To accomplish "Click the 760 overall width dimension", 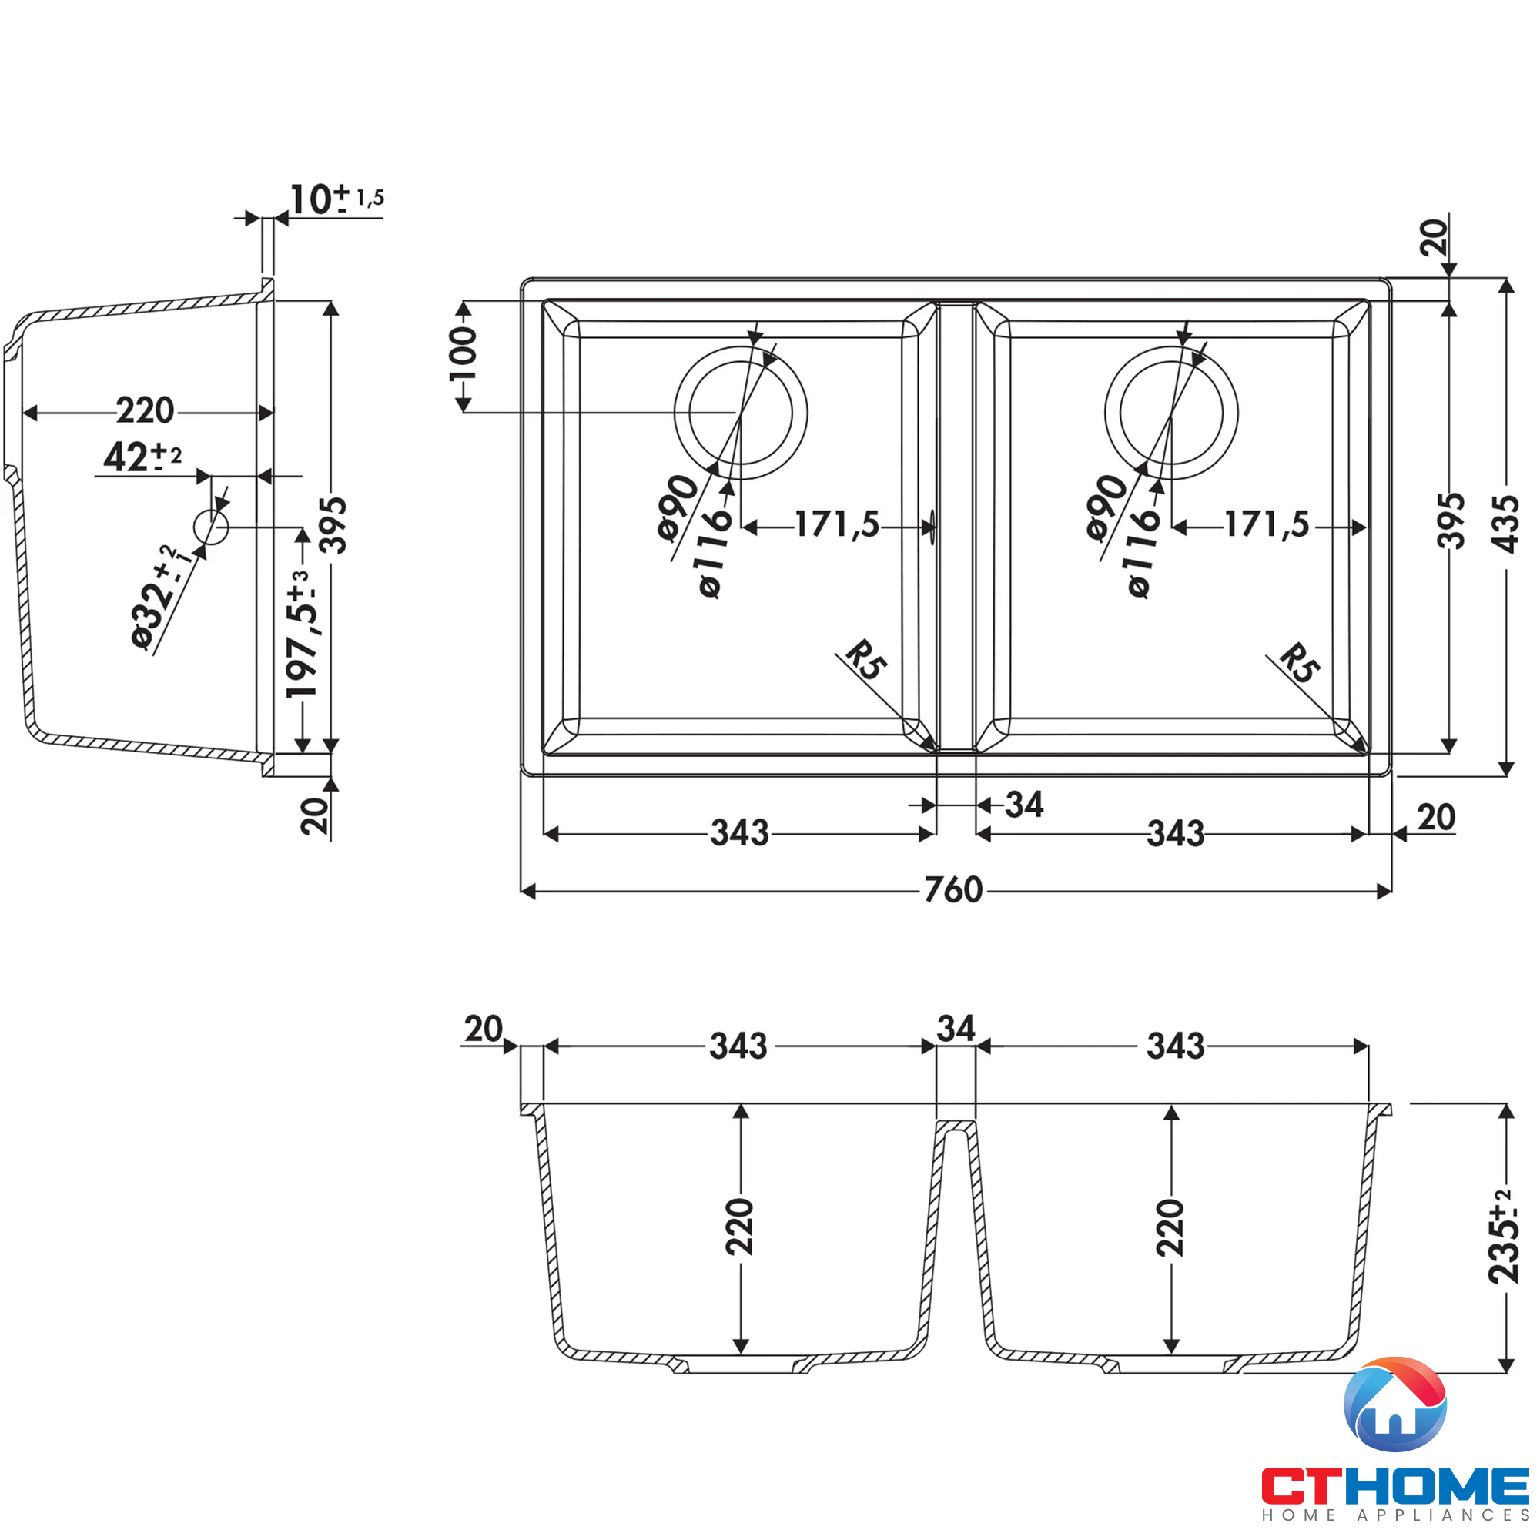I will point(952,889).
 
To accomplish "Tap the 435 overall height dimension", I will point(1505,524).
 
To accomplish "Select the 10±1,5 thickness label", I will point(336,199).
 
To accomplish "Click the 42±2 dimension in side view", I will point(142,457).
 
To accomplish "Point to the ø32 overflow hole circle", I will point(211,527).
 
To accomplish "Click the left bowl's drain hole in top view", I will point(741,412).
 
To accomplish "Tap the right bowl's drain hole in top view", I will point(1171,412).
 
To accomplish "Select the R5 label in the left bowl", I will point(865,660).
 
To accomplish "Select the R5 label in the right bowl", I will point(1298,663).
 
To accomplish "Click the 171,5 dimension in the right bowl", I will point(1267,524).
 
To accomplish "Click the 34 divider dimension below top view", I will point(1023,805).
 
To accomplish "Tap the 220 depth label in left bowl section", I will point(740,1227).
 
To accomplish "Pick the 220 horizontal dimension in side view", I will point(145,410).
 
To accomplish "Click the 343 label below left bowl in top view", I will point(739,833).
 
